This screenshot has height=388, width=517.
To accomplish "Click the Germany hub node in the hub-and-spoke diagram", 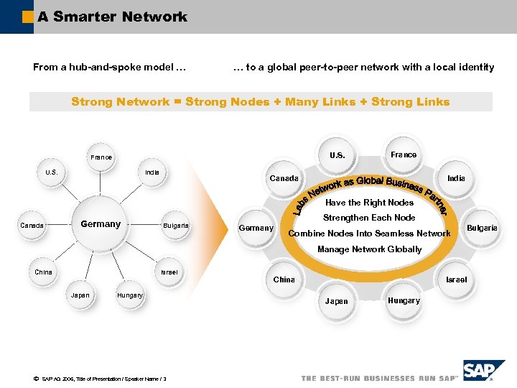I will click(101, 224).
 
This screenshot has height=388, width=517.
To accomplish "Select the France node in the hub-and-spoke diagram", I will click(101, 157).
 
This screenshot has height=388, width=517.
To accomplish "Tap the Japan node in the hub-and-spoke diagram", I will click(80, 295).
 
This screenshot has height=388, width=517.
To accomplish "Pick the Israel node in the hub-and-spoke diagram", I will click(169, 272).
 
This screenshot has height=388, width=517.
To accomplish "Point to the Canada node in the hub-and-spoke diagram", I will click(32, 225).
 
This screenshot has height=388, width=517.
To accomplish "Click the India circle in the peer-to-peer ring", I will click(456, 177).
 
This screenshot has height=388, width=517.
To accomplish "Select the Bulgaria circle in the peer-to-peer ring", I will click(482, 228).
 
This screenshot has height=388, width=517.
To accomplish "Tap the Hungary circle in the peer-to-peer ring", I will click(404, 300).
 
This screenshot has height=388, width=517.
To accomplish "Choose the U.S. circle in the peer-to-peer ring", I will click(337, 155).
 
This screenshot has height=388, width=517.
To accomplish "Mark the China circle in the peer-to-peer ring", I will click(284, 280).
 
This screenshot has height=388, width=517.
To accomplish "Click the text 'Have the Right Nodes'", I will click(369, 203).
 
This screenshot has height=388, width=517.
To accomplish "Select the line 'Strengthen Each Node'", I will click(369, 218).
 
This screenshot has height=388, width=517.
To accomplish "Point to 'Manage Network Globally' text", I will click(369, 249).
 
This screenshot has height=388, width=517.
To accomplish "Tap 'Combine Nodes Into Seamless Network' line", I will click(369, 234).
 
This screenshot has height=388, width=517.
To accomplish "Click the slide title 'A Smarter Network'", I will click(112, 17).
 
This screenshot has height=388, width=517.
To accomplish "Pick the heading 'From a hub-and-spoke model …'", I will click(109, 68).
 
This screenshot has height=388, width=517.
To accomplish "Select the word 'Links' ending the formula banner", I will click(430, 102).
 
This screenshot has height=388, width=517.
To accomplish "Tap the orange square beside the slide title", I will click(27, 17).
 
